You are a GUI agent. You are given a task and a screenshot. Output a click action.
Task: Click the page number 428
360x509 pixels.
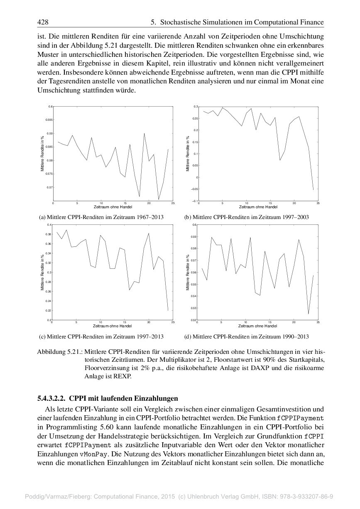(x=43, y=22)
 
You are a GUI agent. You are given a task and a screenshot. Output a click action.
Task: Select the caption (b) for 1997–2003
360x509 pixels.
(x=246, y=217)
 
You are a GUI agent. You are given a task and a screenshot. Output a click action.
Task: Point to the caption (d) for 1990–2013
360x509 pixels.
(x=246, y=336)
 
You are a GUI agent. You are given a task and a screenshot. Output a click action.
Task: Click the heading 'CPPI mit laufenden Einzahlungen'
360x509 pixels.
(x=123, y=399)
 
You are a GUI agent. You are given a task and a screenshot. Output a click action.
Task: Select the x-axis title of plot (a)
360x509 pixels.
(x=113, y=207)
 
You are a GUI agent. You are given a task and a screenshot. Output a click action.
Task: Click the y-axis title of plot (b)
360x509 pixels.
(x=188, y=154)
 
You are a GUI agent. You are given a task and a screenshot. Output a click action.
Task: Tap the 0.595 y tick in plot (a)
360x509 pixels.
(x=49, y=120)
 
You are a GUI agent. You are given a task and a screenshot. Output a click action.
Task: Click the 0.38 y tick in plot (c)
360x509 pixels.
(x=49, y=234)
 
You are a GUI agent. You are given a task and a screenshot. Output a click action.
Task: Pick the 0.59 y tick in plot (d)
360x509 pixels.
(x=193, y=237)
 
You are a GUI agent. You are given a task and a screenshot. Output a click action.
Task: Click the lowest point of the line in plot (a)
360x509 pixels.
(x=159, y=200)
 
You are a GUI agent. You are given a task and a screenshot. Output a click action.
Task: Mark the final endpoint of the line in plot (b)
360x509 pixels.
(x=313, y=190)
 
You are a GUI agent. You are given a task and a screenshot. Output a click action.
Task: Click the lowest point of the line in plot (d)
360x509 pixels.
(x=308, y=314)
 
